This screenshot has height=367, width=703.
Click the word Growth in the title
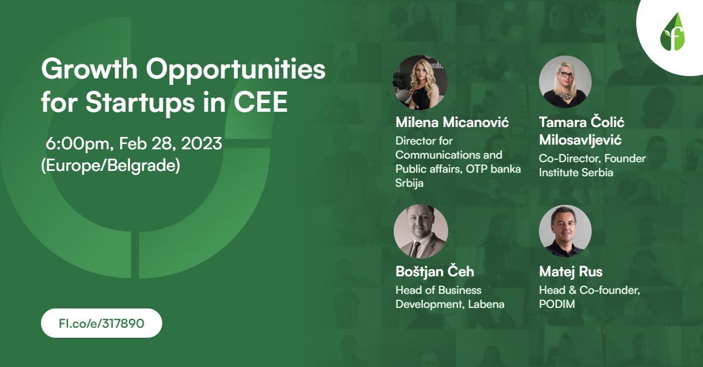[90, 68]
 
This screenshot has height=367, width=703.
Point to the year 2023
[202, 143]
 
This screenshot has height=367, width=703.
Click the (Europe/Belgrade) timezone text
[111, 165]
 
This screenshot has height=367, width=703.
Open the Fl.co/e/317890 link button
[101, 323]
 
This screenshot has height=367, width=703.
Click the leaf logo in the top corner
[673, 32]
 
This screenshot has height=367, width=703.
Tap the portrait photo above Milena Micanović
[421, 83]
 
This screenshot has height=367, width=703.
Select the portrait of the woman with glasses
[565, 82]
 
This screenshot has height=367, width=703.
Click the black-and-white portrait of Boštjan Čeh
[421, 231]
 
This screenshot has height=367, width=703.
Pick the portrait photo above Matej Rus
[565, 231]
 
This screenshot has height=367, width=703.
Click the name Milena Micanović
[452, 122]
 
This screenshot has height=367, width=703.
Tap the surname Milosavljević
[580, 140]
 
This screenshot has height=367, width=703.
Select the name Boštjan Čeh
[435, 272]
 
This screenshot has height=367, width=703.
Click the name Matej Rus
[571, 272]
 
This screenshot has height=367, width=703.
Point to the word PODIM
[557, 304]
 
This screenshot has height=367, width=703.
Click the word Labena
[486, 304]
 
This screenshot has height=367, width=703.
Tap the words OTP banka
[493, 169]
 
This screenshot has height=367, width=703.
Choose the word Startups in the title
[139, 102]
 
